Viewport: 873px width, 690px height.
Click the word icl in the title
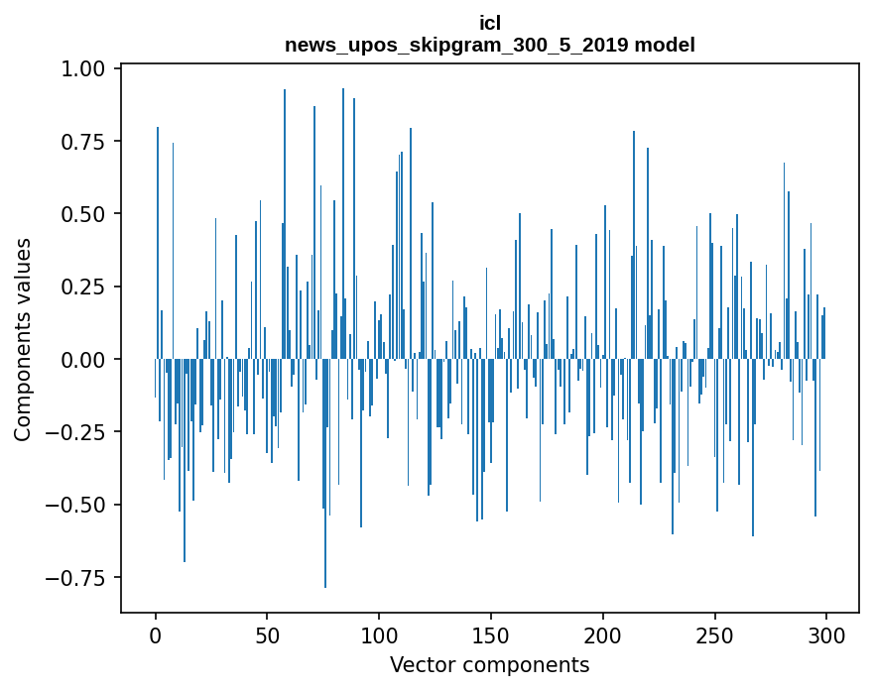[x=489, y=23]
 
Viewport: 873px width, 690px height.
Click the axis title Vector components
[x=489, y=665]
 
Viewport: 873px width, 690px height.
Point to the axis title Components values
[x=23, y=340]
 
